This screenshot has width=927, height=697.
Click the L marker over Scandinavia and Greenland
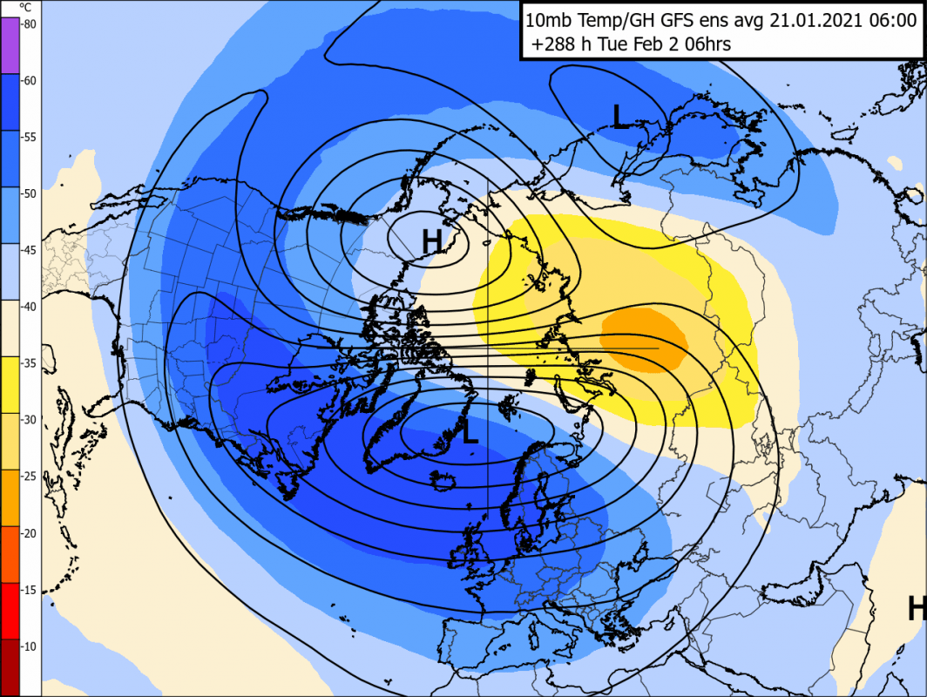(x=470, y=432)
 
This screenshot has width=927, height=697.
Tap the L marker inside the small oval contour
(x=620, y=117)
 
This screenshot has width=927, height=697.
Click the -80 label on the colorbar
(x=28, y=24)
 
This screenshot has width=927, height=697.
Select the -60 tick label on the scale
(x=28, y=81)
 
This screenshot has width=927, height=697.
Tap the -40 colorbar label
(x=28, y=307)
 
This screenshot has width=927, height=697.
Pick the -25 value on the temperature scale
(x=28, y=477)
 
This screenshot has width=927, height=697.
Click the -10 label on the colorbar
(x=28, y=646)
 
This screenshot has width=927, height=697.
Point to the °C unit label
(x=26, y=7)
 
